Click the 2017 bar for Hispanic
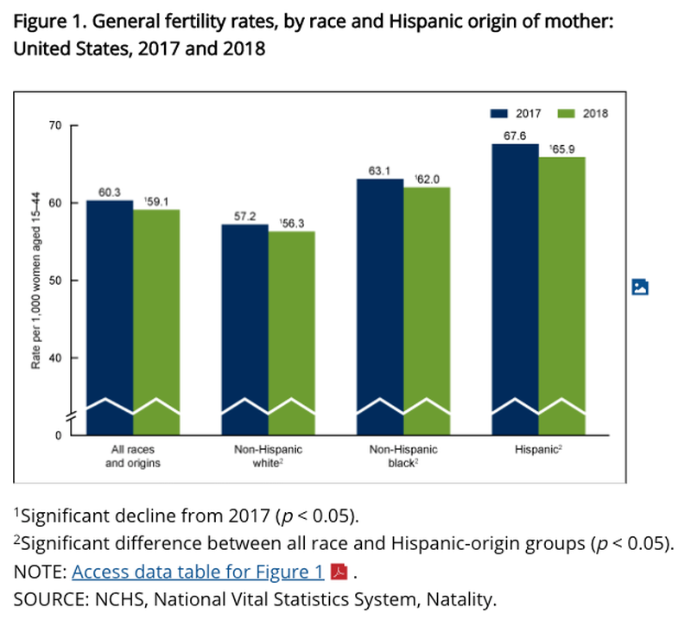click(515, 289)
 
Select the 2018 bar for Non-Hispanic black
click(427, 311)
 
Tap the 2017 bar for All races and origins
click(110, 317)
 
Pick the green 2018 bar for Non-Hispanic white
click(292, 333)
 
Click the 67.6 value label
click(515, 136)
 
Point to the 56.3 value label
click(292, 224)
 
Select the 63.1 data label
click(379, 170)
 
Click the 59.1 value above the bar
click(156, 201)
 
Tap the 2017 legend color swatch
click(499, 114)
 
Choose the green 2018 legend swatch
click(567, 114)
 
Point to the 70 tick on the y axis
click(55, 125)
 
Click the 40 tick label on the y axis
click(55, 357)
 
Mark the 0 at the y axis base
click(59, 435)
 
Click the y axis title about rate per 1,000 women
click(35, 281)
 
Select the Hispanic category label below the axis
click(538, 450)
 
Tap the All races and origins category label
click(133, 456)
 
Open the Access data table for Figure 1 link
click(198, 572)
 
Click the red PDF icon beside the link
click(339, 572)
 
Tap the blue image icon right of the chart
click(640, 287)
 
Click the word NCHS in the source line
click(119, 599)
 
